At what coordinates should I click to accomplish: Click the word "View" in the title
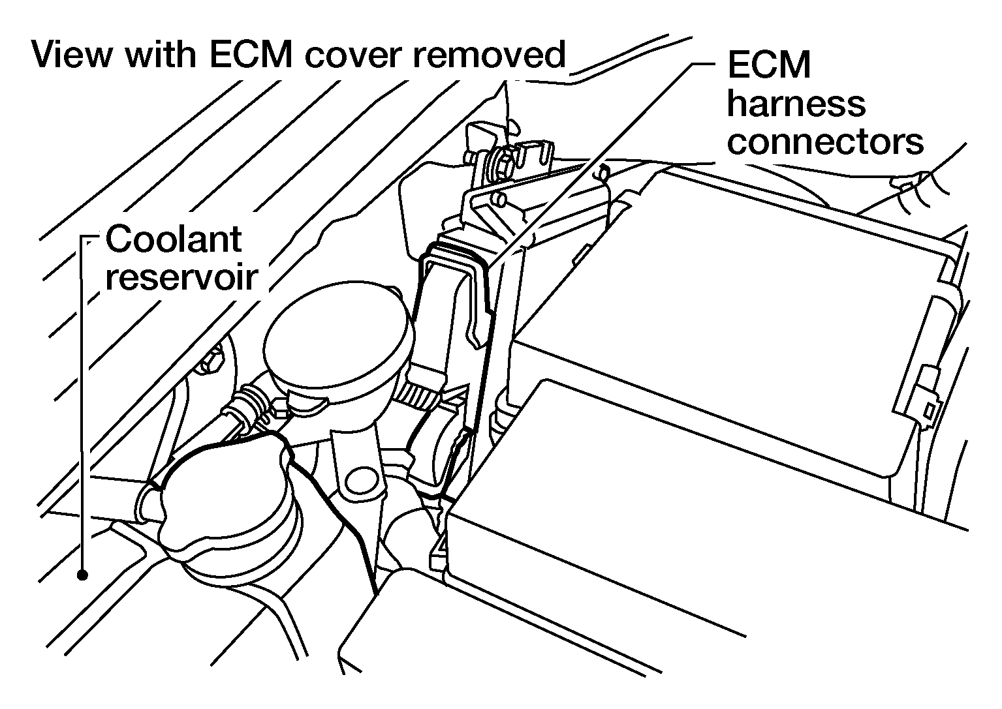pos(72,55)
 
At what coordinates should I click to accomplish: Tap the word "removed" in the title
pos(489,55)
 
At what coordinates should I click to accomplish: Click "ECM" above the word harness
pos(769,65)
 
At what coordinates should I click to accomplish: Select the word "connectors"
pos(825,142)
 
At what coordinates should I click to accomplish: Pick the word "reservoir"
pos(182,277)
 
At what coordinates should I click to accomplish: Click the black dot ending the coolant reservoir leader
pos(82,575)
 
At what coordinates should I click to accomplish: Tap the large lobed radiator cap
pos(228,509)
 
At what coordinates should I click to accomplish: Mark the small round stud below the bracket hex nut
pos(498,198)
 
